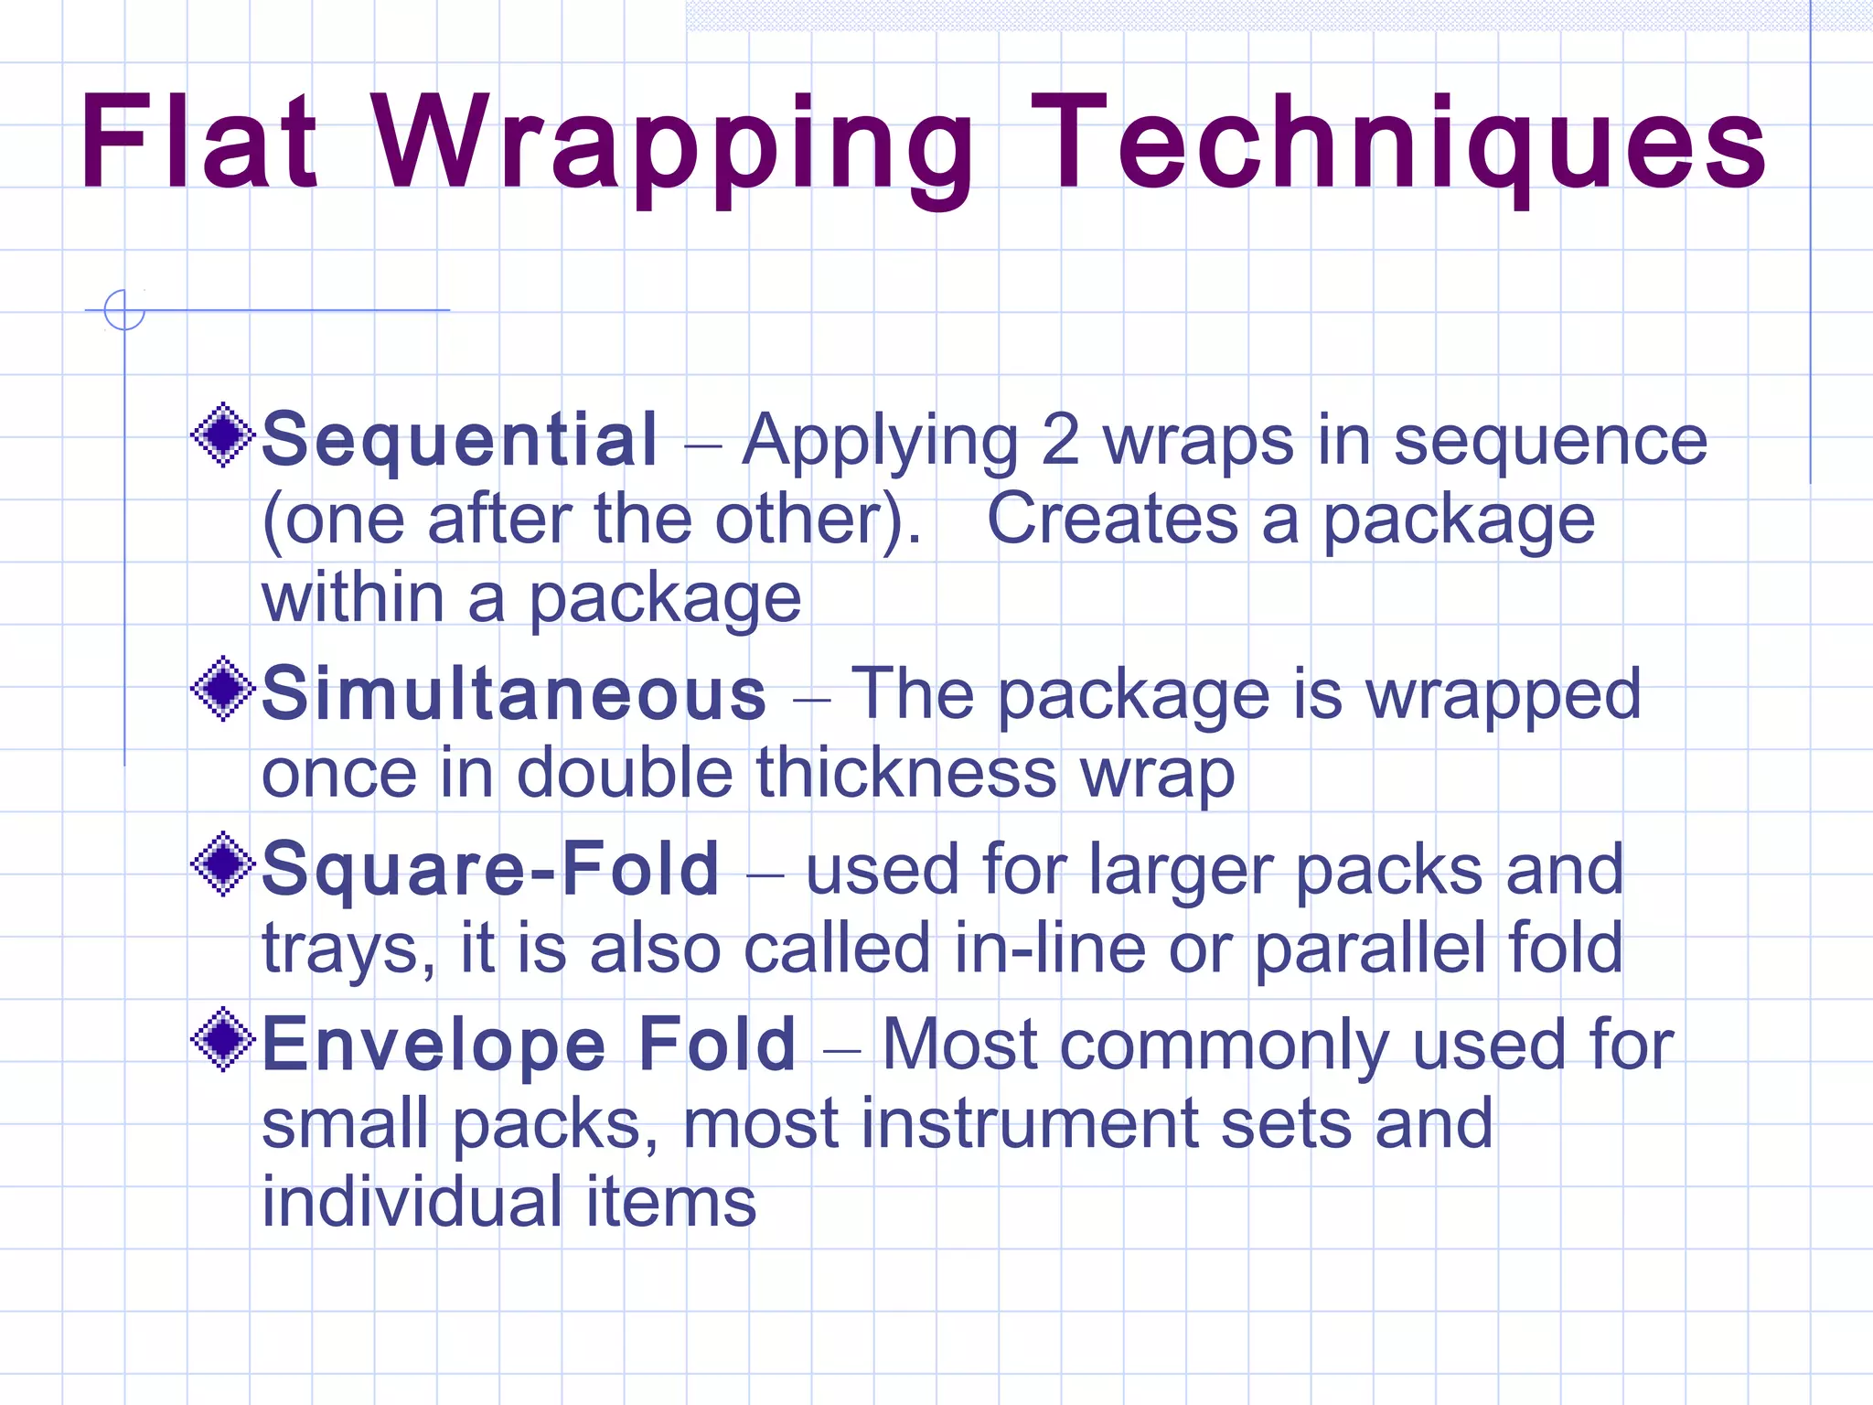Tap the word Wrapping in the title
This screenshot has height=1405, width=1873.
coord(674,146)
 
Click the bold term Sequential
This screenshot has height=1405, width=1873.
coord(459,440)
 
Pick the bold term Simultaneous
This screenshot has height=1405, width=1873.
coord(514,694)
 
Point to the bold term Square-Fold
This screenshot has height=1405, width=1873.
coord(491,869)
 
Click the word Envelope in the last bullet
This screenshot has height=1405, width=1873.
coord(434,1045)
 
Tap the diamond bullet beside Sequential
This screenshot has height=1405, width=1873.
coord(222,435)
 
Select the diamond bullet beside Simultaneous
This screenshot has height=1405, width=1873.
coord(222,689)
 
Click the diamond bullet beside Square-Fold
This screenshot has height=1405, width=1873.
coord(222,864)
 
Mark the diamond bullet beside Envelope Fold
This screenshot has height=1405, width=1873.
coord(222,1039)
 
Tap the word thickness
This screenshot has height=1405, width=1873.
coord(906,774)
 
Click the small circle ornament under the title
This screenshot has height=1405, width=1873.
coord(124,309)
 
